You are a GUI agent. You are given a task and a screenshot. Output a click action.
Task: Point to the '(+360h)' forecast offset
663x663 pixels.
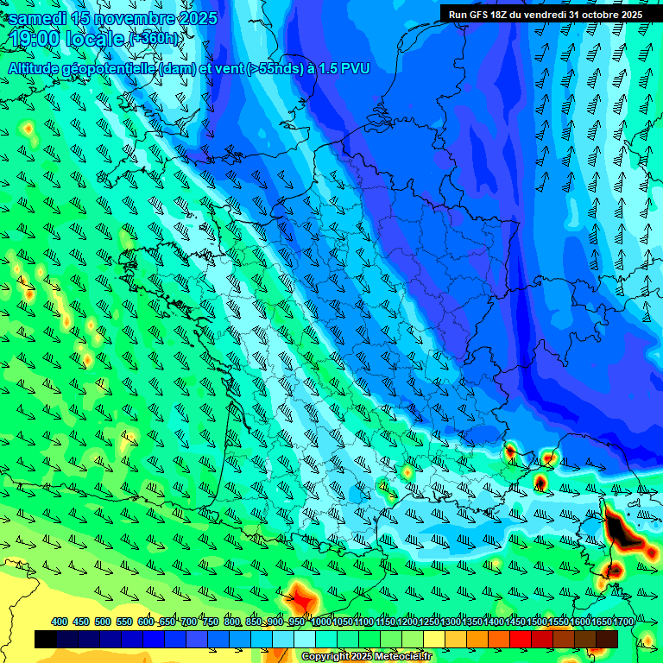tap(155, 39)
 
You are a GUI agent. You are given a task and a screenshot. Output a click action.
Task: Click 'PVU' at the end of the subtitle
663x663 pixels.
tap(356, 68)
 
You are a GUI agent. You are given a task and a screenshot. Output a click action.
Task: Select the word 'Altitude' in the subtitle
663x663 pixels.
tap(40, 68)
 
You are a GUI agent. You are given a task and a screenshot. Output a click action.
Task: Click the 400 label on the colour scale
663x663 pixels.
tap(60, 622)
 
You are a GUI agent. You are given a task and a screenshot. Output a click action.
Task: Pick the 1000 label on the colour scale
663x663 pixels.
tap(321, 622)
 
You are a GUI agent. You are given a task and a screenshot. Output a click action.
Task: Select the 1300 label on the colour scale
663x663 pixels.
tap(451, 622)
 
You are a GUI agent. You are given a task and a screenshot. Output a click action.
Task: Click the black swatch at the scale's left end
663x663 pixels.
tap(46, 639)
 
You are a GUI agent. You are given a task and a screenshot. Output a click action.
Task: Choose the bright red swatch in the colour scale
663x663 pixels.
tap(521, 639)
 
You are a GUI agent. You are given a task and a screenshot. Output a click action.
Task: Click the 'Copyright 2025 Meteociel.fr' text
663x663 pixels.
tap(367, 657)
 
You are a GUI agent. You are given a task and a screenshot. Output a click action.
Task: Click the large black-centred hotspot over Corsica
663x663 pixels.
tap(619, 527)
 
